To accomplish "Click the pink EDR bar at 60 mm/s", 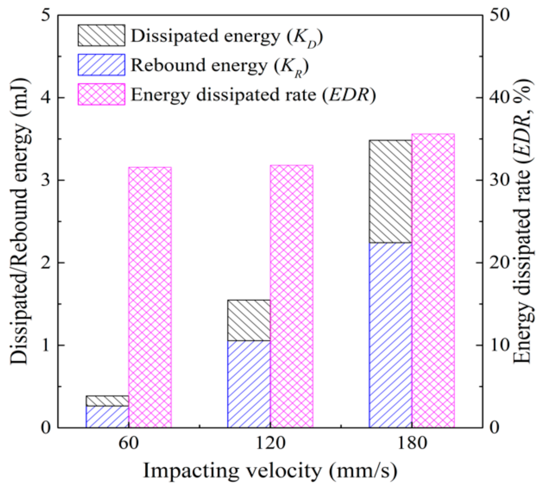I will coord(150,297).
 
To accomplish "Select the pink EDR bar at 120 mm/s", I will coord(292,296).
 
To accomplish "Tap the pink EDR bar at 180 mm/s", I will coord(433,281).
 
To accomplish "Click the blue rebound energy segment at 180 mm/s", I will coord(390,335).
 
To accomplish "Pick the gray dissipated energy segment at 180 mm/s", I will coord(390,192).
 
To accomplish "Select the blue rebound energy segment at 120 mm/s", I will coord(249,384).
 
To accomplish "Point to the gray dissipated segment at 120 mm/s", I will coord(249,320).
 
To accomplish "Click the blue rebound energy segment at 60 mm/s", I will coord(107,417).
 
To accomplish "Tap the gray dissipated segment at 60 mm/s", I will coord(107,401).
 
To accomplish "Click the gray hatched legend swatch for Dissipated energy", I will coord(101,36).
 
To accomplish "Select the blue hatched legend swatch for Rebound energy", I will coord(101,65).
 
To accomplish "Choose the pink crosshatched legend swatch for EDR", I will coord(101,94).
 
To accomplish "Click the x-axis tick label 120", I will coord(270,443).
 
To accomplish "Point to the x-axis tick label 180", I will coord(412,443).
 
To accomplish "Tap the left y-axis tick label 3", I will coord(46,180).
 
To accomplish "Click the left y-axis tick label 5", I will coord(46,15).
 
